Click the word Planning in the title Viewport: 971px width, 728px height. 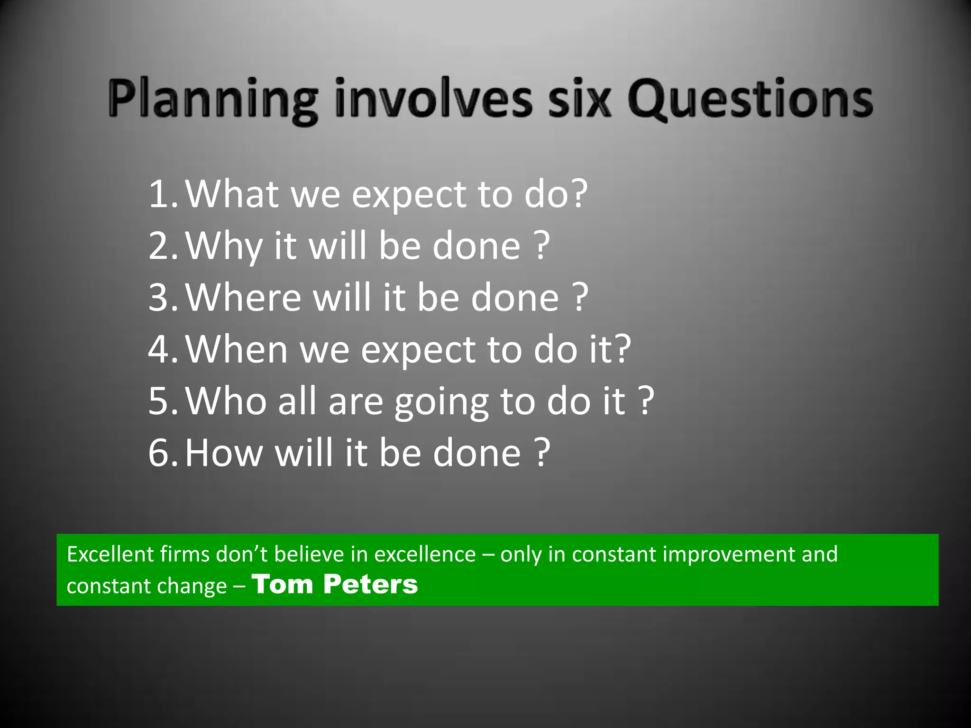point(213,100)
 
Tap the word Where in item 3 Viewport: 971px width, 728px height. point(243,298)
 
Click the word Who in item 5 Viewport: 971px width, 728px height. point(226,401)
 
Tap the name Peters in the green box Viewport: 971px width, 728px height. point(370,584)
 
